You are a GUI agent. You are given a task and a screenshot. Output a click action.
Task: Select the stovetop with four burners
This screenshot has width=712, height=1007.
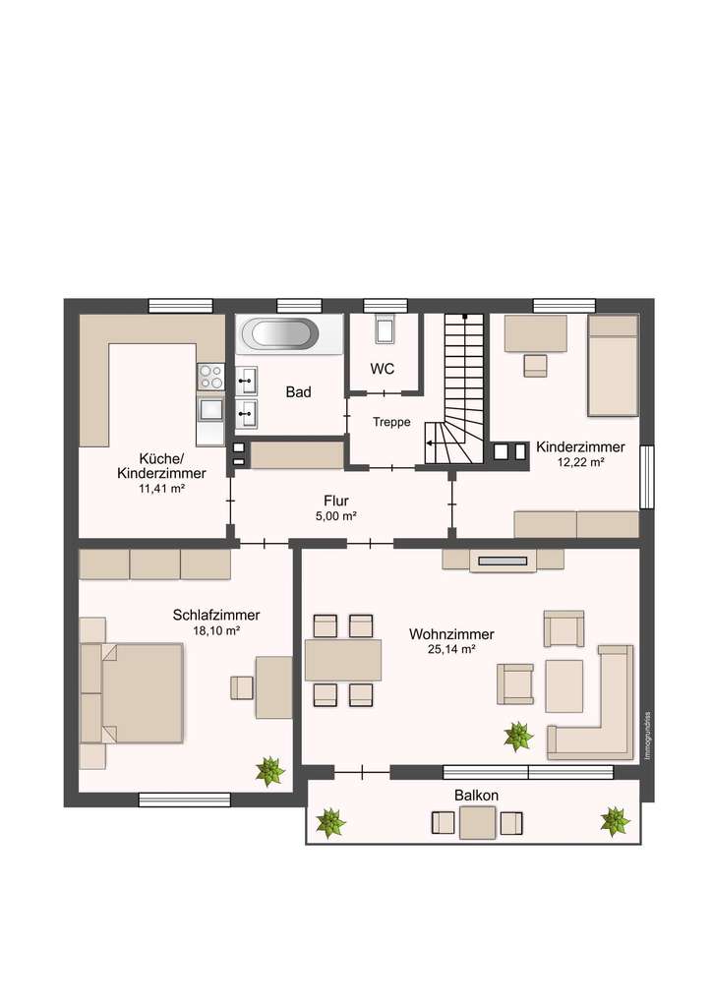pos(210,376)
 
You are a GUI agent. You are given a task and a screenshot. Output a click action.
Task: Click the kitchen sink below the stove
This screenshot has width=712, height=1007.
pos(210,407)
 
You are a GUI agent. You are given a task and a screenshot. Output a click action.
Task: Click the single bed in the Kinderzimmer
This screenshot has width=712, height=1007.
pos(613,365)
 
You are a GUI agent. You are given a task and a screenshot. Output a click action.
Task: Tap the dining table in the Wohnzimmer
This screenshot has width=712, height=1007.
pos(343,660)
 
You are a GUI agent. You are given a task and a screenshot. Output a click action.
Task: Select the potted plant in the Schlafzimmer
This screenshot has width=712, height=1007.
pos(269,771)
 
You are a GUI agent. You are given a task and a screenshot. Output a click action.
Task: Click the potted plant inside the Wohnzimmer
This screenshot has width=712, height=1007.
pos(517,736)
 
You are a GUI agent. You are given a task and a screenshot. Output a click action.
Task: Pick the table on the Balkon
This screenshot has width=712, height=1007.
pos(477,822)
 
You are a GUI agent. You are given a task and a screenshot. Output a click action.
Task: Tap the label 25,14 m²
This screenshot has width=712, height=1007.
pos(451,649)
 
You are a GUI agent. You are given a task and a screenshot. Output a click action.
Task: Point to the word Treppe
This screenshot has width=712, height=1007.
pos(390,422)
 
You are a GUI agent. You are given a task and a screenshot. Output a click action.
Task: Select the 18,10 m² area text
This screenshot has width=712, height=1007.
pos(215,630)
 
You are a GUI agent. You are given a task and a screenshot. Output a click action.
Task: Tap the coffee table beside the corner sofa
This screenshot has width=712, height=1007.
pos(564,685)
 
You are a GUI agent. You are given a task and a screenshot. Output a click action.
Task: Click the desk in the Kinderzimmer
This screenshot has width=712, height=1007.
pos(535,333)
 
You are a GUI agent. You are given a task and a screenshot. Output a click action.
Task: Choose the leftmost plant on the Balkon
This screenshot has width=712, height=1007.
pos(330,822)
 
